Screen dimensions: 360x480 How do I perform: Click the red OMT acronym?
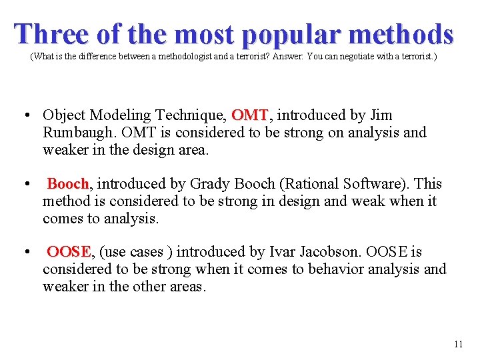(x=249, y=115)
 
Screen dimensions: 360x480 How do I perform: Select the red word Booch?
(x=68, y=183)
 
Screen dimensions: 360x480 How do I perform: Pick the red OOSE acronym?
(x=69, y=252)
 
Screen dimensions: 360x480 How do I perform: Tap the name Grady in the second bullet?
(x=209, y=183)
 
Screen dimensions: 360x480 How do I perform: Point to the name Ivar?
(x=285, y=252)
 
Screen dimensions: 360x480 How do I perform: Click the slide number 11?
(x=457, y=344)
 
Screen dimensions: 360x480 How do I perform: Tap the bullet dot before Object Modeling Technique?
(x=25, y=115)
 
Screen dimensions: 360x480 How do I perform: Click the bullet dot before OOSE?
(x=25, y=252)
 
